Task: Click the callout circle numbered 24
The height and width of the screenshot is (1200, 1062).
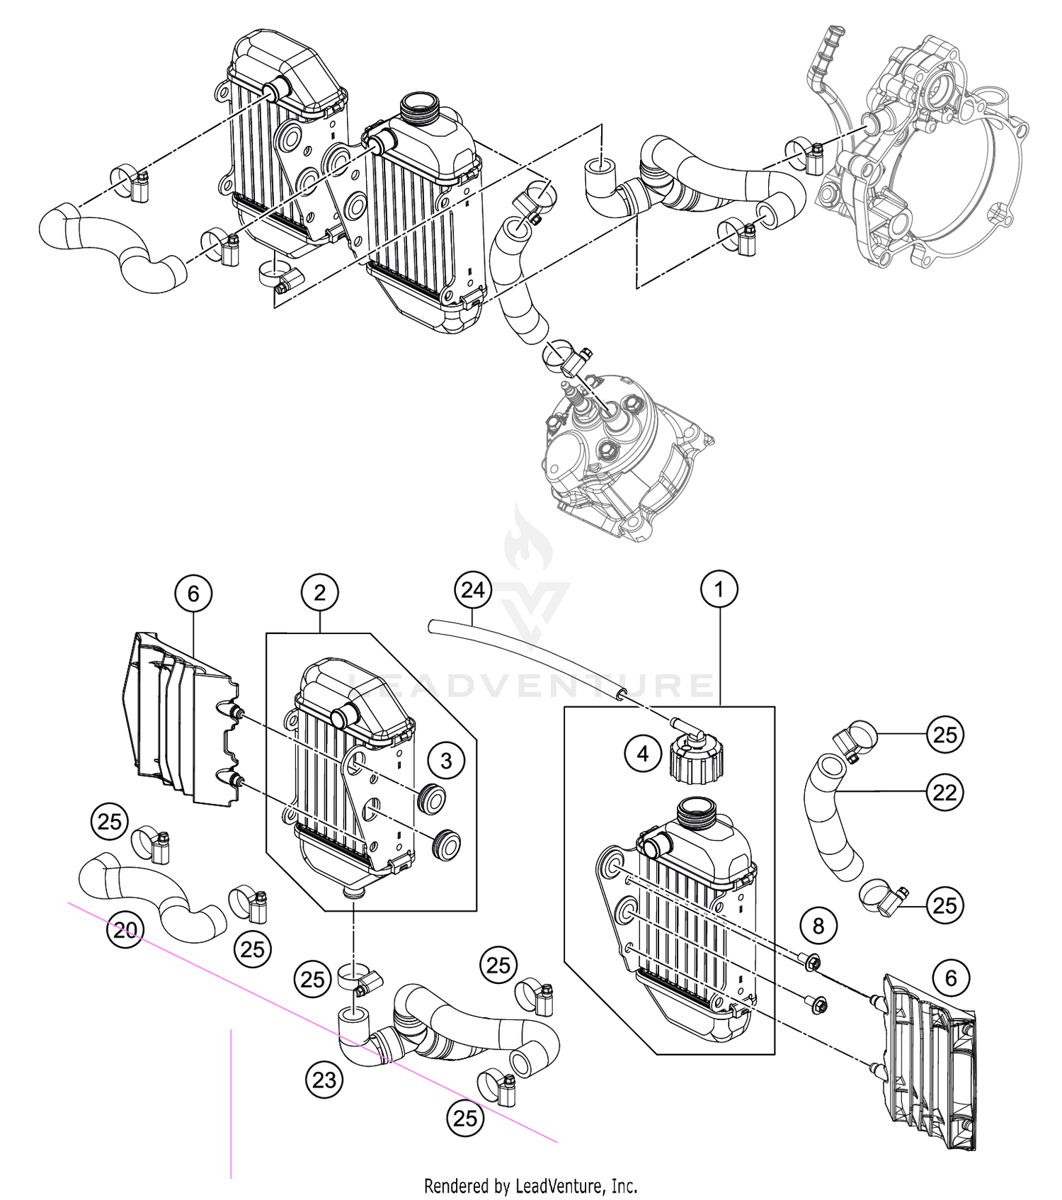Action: coord(472,589)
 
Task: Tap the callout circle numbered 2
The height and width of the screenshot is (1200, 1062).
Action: coord(319,592)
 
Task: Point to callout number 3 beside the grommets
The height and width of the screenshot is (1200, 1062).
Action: coord(446,761)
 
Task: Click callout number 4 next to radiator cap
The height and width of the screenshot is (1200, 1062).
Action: coord(643,754)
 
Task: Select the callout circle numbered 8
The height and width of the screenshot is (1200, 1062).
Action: coord(818,925)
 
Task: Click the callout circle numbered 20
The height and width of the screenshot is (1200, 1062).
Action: coord(125,929)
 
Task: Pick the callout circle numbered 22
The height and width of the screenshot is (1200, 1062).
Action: coord(945,792)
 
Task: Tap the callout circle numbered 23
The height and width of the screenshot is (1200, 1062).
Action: coord(324,1080)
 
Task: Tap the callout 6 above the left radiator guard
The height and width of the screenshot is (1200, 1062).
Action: coord(193,592)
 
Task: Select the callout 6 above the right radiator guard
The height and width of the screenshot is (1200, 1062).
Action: coord(951,978)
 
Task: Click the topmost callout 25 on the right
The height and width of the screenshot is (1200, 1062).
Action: coord(945,735)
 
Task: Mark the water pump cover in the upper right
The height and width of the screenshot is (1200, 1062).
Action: coord(920,156)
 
